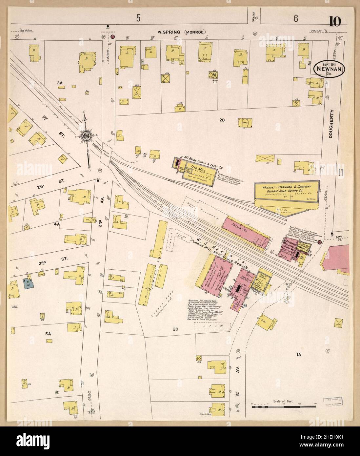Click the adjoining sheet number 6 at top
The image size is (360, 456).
pos(295,19)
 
